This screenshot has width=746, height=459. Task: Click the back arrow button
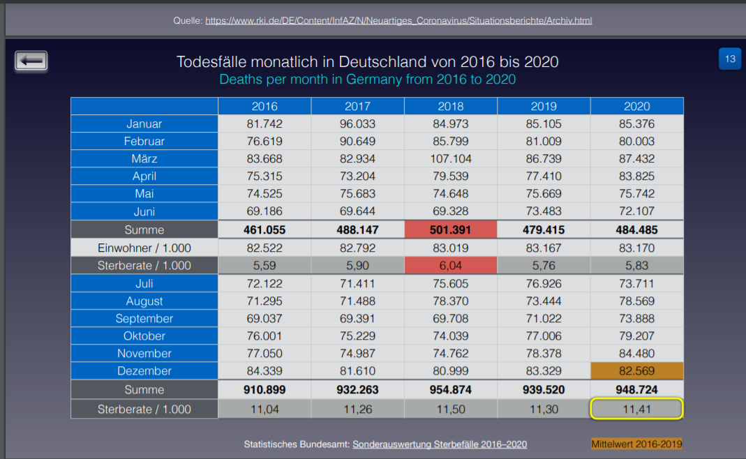(31, 61)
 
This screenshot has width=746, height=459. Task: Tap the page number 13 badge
(730, 59)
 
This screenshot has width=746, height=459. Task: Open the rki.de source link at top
(398, 20)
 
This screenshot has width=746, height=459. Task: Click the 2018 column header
(450, 106)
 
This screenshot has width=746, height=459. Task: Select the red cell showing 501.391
(450, 229)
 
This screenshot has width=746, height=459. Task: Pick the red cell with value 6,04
(450, 265)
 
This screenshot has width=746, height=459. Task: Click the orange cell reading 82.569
(636, 371)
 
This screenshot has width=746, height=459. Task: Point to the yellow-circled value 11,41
(636, 409)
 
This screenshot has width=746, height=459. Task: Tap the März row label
(144, 158)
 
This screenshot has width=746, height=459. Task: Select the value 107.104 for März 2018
(450, 158)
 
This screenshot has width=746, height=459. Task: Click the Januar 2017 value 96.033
(357, 124)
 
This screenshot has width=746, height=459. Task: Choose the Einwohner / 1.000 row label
(144, 248)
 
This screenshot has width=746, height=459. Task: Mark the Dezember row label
(144, 371)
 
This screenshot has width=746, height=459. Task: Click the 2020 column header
(636, 106)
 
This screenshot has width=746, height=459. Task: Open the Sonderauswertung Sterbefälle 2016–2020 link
(440, 444)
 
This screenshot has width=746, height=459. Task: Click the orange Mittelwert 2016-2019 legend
(636, 444)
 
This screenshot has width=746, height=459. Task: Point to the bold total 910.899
(264, 389)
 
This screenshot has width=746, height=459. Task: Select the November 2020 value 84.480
(636, 353)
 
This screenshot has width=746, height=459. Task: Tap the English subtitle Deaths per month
(367, 79)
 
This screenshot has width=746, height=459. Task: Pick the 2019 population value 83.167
(544, 248)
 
